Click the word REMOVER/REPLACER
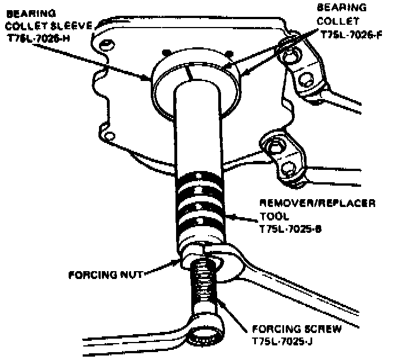click(317, 202)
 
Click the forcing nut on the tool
click(191, 256)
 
